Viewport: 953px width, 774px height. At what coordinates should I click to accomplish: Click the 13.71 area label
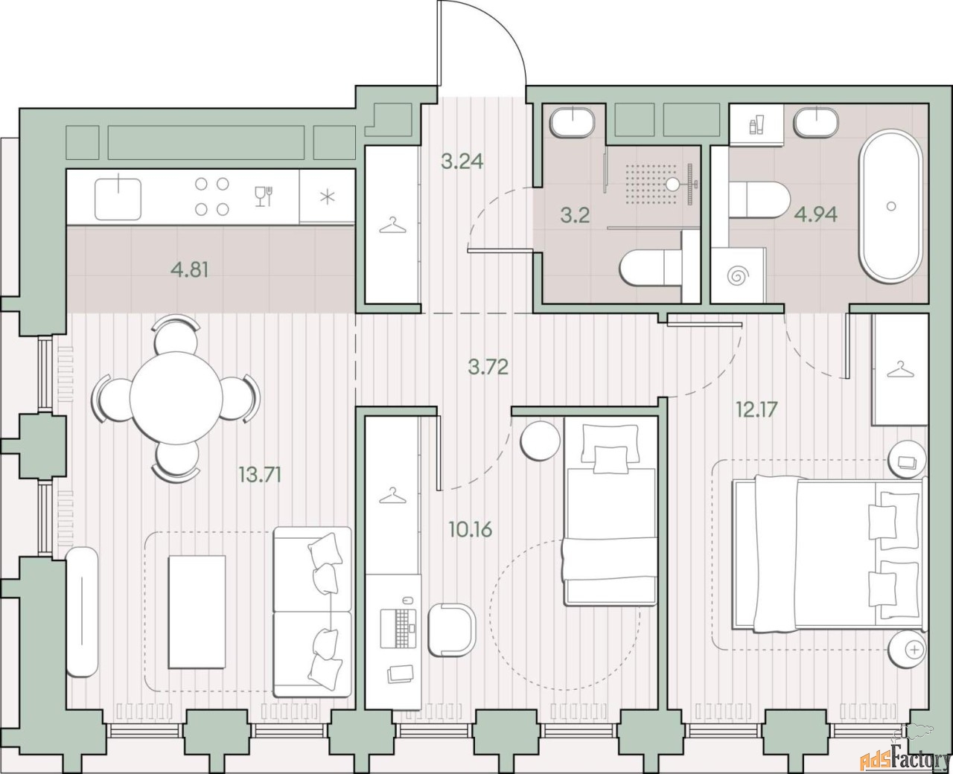[x=260, y=475]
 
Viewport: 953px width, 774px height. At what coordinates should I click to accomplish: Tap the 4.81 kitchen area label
[x=190, y=270]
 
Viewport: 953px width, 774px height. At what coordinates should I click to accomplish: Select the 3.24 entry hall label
[x=462, y=161]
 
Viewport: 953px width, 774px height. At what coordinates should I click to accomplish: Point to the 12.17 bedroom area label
[x=757, y=409]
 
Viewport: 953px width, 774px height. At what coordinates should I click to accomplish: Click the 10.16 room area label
[x=471, y=529]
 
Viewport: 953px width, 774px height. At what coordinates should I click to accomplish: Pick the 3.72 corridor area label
[x=488, y=367]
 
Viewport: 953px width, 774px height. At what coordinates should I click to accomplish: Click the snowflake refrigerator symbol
[x=328, y=197]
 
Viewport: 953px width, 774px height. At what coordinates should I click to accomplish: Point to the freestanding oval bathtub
[x=891, y=206]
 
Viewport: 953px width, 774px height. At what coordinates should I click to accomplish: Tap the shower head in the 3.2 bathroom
[x=673, y=184]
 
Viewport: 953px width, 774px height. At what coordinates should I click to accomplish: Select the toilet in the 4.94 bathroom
[x=758, y=201]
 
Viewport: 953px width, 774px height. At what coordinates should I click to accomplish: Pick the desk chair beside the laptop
[x=452, y=630]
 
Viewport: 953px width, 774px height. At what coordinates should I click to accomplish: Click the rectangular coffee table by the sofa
[x=197, y=612]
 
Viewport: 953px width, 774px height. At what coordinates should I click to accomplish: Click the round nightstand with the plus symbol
[x=908, y=649]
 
